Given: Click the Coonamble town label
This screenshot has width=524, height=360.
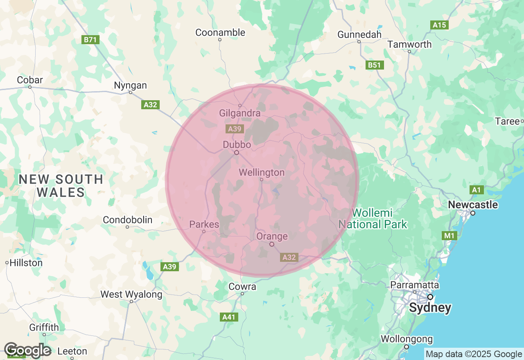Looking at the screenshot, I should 220,32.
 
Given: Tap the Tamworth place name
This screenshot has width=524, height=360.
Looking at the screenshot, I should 409,44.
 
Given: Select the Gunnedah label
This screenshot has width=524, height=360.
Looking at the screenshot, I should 359,34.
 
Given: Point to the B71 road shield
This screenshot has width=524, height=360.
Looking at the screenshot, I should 90,40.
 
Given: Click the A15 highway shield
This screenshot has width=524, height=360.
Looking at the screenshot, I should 440,25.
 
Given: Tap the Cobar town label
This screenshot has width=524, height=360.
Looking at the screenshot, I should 30,80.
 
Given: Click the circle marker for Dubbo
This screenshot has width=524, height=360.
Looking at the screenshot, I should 237,153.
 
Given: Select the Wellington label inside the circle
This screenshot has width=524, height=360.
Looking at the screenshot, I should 262,173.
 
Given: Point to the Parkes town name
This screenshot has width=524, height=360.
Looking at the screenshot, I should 204,225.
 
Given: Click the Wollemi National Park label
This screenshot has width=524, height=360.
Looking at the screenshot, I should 373,218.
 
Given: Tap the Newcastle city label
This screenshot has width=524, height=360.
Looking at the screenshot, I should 473,205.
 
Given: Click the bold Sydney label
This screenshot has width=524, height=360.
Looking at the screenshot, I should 430,308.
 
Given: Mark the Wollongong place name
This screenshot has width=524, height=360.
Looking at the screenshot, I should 407,339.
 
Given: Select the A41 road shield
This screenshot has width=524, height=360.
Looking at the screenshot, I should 229,317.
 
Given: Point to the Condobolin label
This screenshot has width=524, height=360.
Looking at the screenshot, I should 127,220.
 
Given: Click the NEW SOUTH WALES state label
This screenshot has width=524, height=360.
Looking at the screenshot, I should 61,185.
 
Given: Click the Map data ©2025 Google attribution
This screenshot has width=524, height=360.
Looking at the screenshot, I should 474,354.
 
